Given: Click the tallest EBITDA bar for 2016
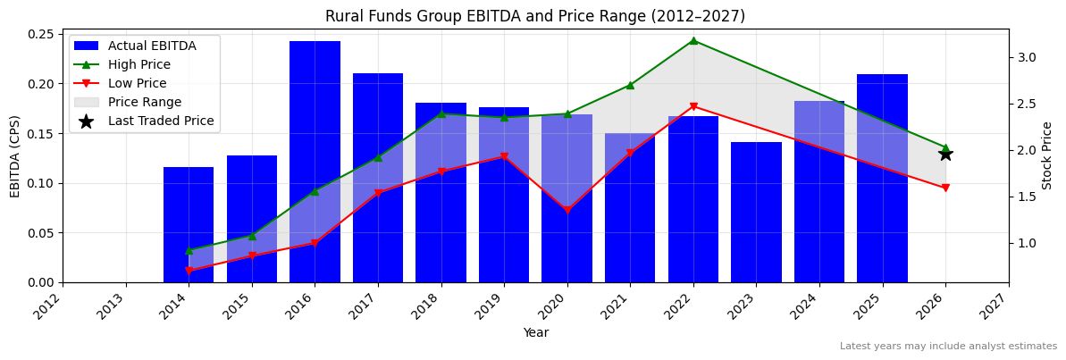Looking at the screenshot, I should [315, 161].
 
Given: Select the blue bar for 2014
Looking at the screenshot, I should [189, 224].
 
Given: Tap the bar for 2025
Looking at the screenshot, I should [882, 179].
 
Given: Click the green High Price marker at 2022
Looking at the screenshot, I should [693, 40].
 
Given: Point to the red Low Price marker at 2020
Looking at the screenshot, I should [567, 211].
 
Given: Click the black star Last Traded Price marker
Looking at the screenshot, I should [945, 154].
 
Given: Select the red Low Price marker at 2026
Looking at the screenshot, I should [945, 188].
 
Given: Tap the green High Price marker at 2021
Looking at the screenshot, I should [630, 85].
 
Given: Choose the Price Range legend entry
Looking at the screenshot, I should [144, 102].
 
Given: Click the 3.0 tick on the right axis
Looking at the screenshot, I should [1026, 57].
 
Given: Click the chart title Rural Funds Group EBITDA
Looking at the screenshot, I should [534, 16].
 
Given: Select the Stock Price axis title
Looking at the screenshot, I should [1047, 155].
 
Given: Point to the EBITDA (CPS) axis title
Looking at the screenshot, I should [15, 155].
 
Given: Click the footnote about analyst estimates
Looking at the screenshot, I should [948, 347].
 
